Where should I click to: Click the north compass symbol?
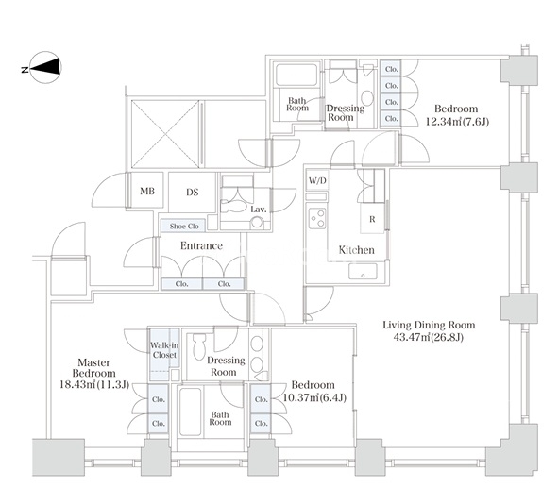[x=45, y=67]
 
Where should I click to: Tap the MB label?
[x=147, y=192]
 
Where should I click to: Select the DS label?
[x=193, y=193]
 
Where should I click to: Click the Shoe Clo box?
[x=183, y=226]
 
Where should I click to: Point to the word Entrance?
[x=201, y=245]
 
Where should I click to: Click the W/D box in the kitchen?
[x=317, y=180]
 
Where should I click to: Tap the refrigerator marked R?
[x=373, y=219]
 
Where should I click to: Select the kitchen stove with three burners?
[x=317, y=218]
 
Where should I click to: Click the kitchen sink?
[x=363, y=272]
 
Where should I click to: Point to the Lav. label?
[x=259, y=210]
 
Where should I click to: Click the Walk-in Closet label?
[x=164, y=350]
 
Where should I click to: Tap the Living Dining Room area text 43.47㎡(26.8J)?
[x=429, y=337]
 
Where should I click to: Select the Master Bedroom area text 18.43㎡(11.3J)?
[x=94, y=385]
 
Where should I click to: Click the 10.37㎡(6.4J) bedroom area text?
[x=314, y=397]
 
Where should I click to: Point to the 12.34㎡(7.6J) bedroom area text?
[x=457, y=122]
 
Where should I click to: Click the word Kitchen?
[x=357, y=250]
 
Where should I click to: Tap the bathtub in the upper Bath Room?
[x=296, y=76]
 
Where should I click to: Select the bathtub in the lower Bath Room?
[x=191, y=412]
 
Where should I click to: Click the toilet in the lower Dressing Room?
[x=199, y=346]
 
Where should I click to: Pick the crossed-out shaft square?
[x=165, y=134]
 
